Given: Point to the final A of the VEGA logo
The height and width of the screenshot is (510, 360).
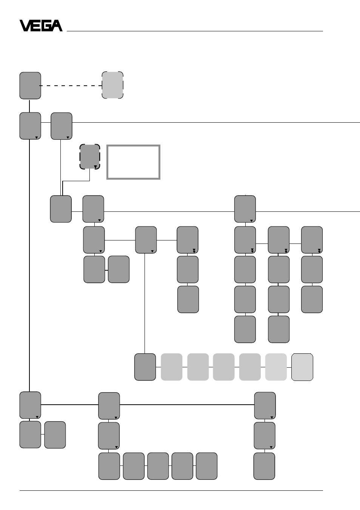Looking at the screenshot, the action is (57, 26).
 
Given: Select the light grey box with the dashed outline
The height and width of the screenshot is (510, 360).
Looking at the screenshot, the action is (112, 85).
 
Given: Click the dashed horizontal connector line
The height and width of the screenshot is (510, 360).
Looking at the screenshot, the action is (71, 86).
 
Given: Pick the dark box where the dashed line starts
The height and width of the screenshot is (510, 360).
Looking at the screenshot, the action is (30, 86).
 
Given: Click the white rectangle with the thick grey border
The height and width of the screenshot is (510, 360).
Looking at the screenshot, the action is (133, 162).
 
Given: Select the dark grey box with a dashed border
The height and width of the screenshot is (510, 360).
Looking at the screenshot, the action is (90, 157).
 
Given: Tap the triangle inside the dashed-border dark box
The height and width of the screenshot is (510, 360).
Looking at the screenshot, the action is (95, 167).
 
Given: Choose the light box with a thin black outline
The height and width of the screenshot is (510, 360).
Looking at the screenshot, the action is (302, 367).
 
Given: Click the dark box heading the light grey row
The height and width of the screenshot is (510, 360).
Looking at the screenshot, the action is (145, 367).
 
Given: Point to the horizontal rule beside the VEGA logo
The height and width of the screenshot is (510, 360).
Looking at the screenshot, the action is (195, 31).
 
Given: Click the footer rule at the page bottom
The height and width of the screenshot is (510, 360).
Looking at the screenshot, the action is (171, 491).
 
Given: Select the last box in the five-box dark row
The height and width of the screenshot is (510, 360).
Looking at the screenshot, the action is (207, 466).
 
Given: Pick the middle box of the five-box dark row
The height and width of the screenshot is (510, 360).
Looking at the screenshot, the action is (158, 466).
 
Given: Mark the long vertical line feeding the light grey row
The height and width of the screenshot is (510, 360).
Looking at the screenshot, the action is (145, 303).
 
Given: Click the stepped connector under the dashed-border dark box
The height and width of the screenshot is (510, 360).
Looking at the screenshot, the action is (76, 181).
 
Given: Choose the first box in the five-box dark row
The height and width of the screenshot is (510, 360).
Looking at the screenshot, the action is (109, 466).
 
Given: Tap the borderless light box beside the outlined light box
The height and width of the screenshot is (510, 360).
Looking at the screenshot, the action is (276, 367).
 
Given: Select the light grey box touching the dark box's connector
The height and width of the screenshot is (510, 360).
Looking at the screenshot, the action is (172, 367).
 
